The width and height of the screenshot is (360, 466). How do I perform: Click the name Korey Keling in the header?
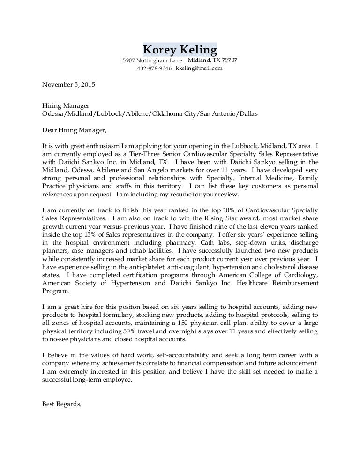(x=180, y=49)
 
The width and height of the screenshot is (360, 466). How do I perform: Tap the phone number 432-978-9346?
(x=154, y=68)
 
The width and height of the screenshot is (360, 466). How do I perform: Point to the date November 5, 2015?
(x=68, y=85)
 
